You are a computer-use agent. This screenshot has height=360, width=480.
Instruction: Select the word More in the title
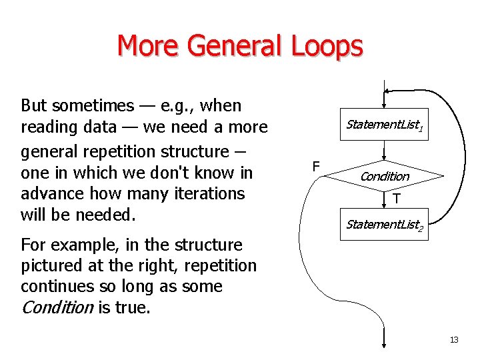click(x=147, y=47)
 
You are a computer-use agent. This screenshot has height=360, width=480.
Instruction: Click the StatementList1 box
click(x=385, y=125)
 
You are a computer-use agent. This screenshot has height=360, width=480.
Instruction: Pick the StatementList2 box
click(x=385, y=225)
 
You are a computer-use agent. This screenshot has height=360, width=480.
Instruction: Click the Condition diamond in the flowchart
click(x=385, y=176)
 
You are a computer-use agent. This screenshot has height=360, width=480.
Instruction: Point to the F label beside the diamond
click(x=316, y=166)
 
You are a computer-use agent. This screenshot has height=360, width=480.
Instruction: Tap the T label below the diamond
click(x=397, y=199)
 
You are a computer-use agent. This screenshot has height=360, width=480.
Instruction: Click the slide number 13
click(x=454, y=340)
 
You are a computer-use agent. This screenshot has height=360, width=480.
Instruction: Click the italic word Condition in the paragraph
click(x=57, y=307)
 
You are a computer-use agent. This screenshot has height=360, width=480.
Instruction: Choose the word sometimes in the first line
click(x=91, y=105)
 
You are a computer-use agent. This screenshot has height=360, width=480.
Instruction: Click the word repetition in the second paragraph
click(x=219, y=265)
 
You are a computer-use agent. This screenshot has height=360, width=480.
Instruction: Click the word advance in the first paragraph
click(x=52, y=194)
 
